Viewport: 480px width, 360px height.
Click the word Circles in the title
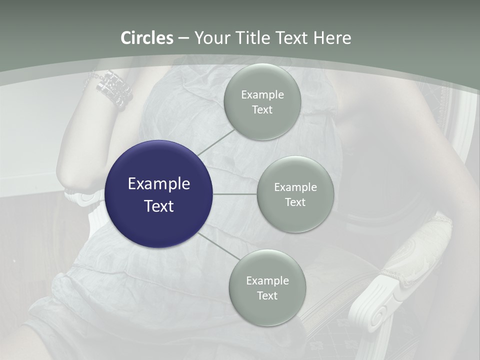tap(146, 38)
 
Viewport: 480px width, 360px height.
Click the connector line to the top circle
tap(215, 142)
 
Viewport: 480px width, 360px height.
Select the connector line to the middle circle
tap(235, 194)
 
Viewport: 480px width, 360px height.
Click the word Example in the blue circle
tap(159, 184)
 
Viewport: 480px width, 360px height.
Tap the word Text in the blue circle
tap(159, 206)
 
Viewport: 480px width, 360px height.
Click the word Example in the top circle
tap(262, 95)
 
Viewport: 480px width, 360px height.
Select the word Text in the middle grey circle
tap(295, 202)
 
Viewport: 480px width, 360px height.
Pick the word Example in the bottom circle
tap(267, 281)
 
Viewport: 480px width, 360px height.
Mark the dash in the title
tap(183, 38)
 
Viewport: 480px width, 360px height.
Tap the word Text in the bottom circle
tap(267, 296)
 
